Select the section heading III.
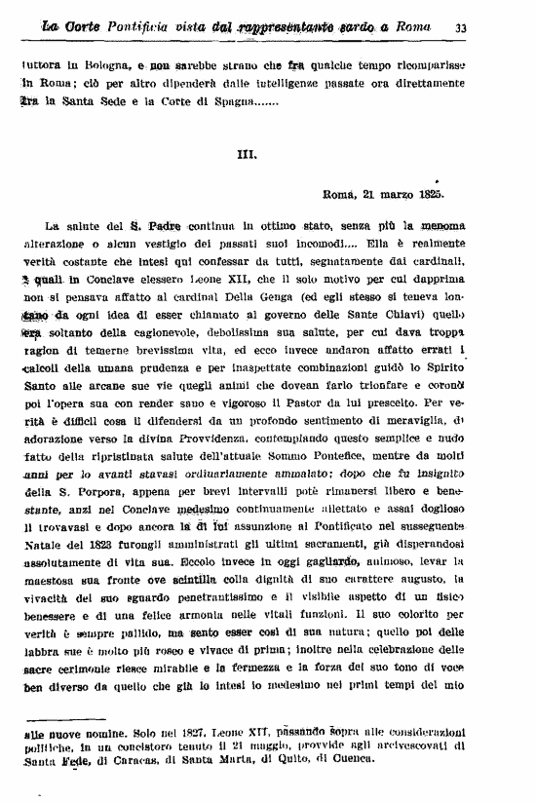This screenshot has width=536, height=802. click(x=247, y=153)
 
